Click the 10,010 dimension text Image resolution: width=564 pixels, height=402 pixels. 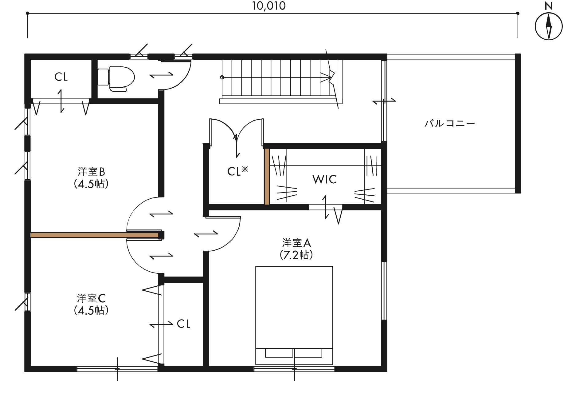coord(269,6)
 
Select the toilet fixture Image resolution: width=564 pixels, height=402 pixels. coord(116,79)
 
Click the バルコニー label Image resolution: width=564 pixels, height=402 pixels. coord(450,124)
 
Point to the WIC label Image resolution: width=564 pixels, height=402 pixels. coord(324,179)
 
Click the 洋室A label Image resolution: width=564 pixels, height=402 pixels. coord(296,243)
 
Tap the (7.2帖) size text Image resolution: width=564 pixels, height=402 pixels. coord(296,255)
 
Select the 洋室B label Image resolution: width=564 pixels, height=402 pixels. coord(91,171)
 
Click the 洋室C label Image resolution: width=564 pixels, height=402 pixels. coord(91,298)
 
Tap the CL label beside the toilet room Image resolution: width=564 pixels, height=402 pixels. coord(61,77)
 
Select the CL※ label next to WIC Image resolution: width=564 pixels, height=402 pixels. coord(237,171)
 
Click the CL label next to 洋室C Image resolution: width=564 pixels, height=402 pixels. coord(184,324)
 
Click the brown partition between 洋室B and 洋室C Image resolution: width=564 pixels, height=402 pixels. coord(94,235)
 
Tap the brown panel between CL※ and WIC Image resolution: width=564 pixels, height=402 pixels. coord(267,177)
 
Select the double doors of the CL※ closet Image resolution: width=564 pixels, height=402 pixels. coord(237,132)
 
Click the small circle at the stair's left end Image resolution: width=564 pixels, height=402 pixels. coord(222,77)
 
